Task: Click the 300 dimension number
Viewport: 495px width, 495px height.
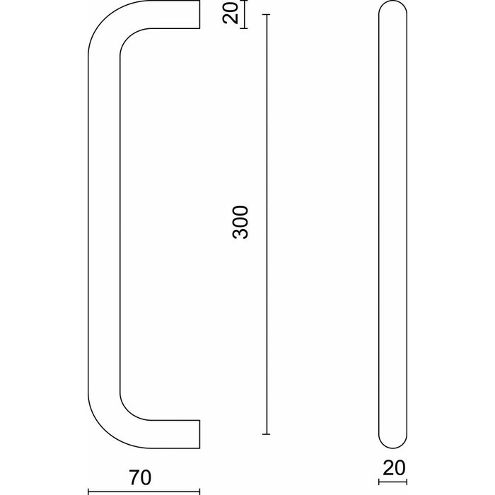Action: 240,222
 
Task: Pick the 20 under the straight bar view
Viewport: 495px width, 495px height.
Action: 392,467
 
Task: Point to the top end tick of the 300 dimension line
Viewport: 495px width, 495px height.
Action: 267,14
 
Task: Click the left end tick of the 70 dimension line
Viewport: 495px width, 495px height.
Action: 88,489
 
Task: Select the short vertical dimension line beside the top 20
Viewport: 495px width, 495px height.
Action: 244,15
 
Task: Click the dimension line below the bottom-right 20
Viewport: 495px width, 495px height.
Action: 392,484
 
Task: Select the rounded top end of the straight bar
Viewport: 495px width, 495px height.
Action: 392,8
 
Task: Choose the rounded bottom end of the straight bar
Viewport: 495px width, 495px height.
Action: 392,443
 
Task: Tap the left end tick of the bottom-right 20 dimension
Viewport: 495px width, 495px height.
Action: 379,484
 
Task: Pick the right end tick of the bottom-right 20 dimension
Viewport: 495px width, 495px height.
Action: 407,484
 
